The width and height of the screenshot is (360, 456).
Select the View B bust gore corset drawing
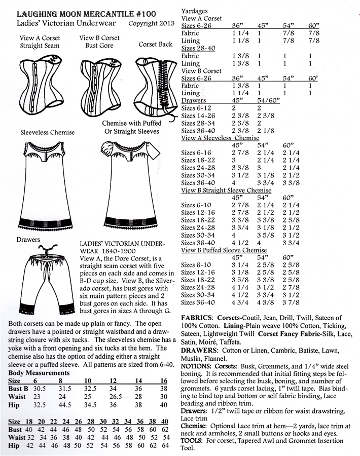coord(99,81)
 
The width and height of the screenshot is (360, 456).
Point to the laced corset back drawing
coord(156,82)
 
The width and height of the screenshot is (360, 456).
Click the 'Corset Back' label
coord(156,45)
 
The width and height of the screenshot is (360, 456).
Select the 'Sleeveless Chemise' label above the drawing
coord(48,133)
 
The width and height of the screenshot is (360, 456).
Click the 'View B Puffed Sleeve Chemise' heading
coord(224,250)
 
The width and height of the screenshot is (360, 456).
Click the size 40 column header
coord(165,422)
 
